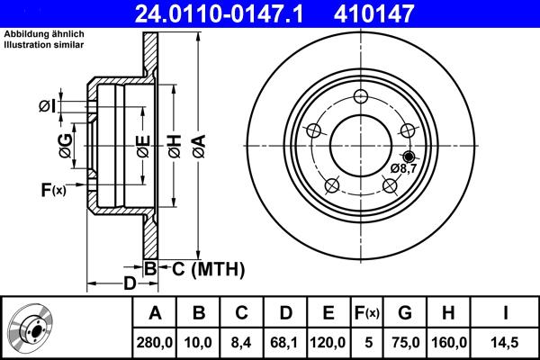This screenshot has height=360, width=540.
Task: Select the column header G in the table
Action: point(406,313)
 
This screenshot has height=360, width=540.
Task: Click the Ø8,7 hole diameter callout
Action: point(403,168)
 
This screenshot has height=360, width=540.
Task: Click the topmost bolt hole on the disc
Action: point(361,97)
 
